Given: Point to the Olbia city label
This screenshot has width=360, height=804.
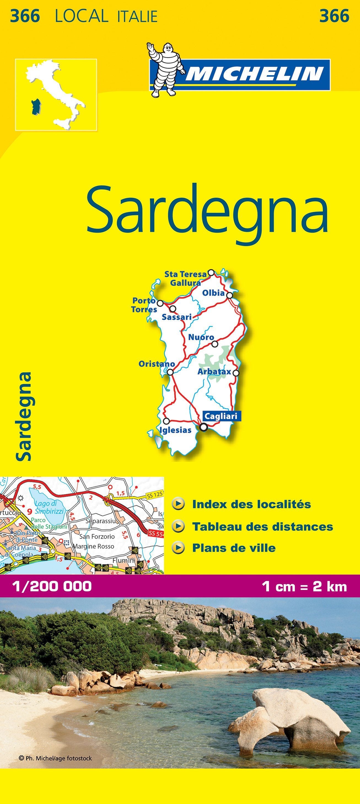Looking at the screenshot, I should (213, 293).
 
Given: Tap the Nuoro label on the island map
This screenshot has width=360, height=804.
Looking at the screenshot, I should (201, 337).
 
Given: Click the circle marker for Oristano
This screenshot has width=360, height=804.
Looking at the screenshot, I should (170, 372).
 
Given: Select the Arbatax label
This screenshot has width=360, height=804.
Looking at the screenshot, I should (214, 372).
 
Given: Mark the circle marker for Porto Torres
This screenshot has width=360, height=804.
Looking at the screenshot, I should (160, 303).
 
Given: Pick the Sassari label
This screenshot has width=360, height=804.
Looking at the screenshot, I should (177, 317).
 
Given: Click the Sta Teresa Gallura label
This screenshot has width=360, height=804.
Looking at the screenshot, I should (186, 278).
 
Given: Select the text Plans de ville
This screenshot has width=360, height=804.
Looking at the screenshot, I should (234, 548).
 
